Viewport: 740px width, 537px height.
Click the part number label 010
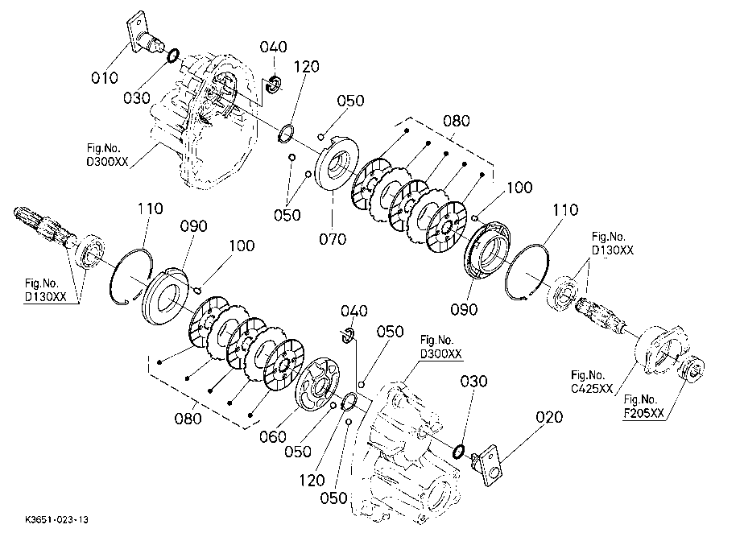pos(105,77)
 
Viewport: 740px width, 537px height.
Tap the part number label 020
pos(549,417)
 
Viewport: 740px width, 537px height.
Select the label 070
pos(333,239)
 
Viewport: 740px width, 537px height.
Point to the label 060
pos(272,437)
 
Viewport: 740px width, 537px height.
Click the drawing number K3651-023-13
pos(56,520)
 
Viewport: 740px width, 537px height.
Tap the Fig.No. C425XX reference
pos(592,382)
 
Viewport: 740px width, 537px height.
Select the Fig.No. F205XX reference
pos(643,407)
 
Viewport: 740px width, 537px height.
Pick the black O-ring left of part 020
pos(458,451)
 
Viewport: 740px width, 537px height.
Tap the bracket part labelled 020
pos(486,465)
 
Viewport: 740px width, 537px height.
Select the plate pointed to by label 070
pos(337,163)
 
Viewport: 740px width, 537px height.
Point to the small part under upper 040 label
pos(274,84)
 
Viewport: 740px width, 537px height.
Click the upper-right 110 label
pos(564,209)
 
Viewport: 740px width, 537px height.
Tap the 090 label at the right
pos(464,309)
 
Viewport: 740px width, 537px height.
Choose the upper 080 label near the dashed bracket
pos(456,121)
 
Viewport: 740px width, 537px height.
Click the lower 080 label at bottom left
pos(188,418)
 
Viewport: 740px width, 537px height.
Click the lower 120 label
pos(312,481)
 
